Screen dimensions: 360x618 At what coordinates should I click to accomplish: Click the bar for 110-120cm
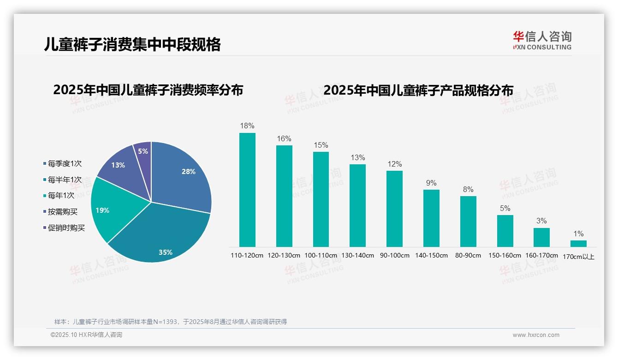coord(247,190)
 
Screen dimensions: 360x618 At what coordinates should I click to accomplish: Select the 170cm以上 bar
coord(578,243)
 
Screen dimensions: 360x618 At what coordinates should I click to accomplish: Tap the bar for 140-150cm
coord(431,218)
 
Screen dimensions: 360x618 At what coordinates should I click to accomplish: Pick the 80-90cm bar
coord(468,221)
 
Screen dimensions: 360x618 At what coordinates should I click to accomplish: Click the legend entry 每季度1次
coord(65,163)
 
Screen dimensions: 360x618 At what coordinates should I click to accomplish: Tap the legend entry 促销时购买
coord(66,228)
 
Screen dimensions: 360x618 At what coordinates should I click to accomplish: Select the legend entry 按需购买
coord(63,212)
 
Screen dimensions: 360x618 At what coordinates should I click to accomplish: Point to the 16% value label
coord(284,138)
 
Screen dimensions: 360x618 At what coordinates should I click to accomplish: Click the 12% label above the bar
coord(394,164)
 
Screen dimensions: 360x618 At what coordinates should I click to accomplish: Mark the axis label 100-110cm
coord(321,255)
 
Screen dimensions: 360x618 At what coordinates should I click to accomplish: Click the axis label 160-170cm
coord(541,255)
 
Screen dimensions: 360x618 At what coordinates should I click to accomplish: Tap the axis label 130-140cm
coord(357,255)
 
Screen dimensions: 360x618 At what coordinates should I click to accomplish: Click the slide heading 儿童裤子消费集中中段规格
coord(132,44)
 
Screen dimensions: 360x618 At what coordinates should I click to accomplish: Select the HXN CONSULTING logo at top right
coord(542,40)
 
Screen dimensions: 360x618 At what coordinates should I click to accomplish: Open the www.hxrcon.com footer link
coord(536,335)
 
